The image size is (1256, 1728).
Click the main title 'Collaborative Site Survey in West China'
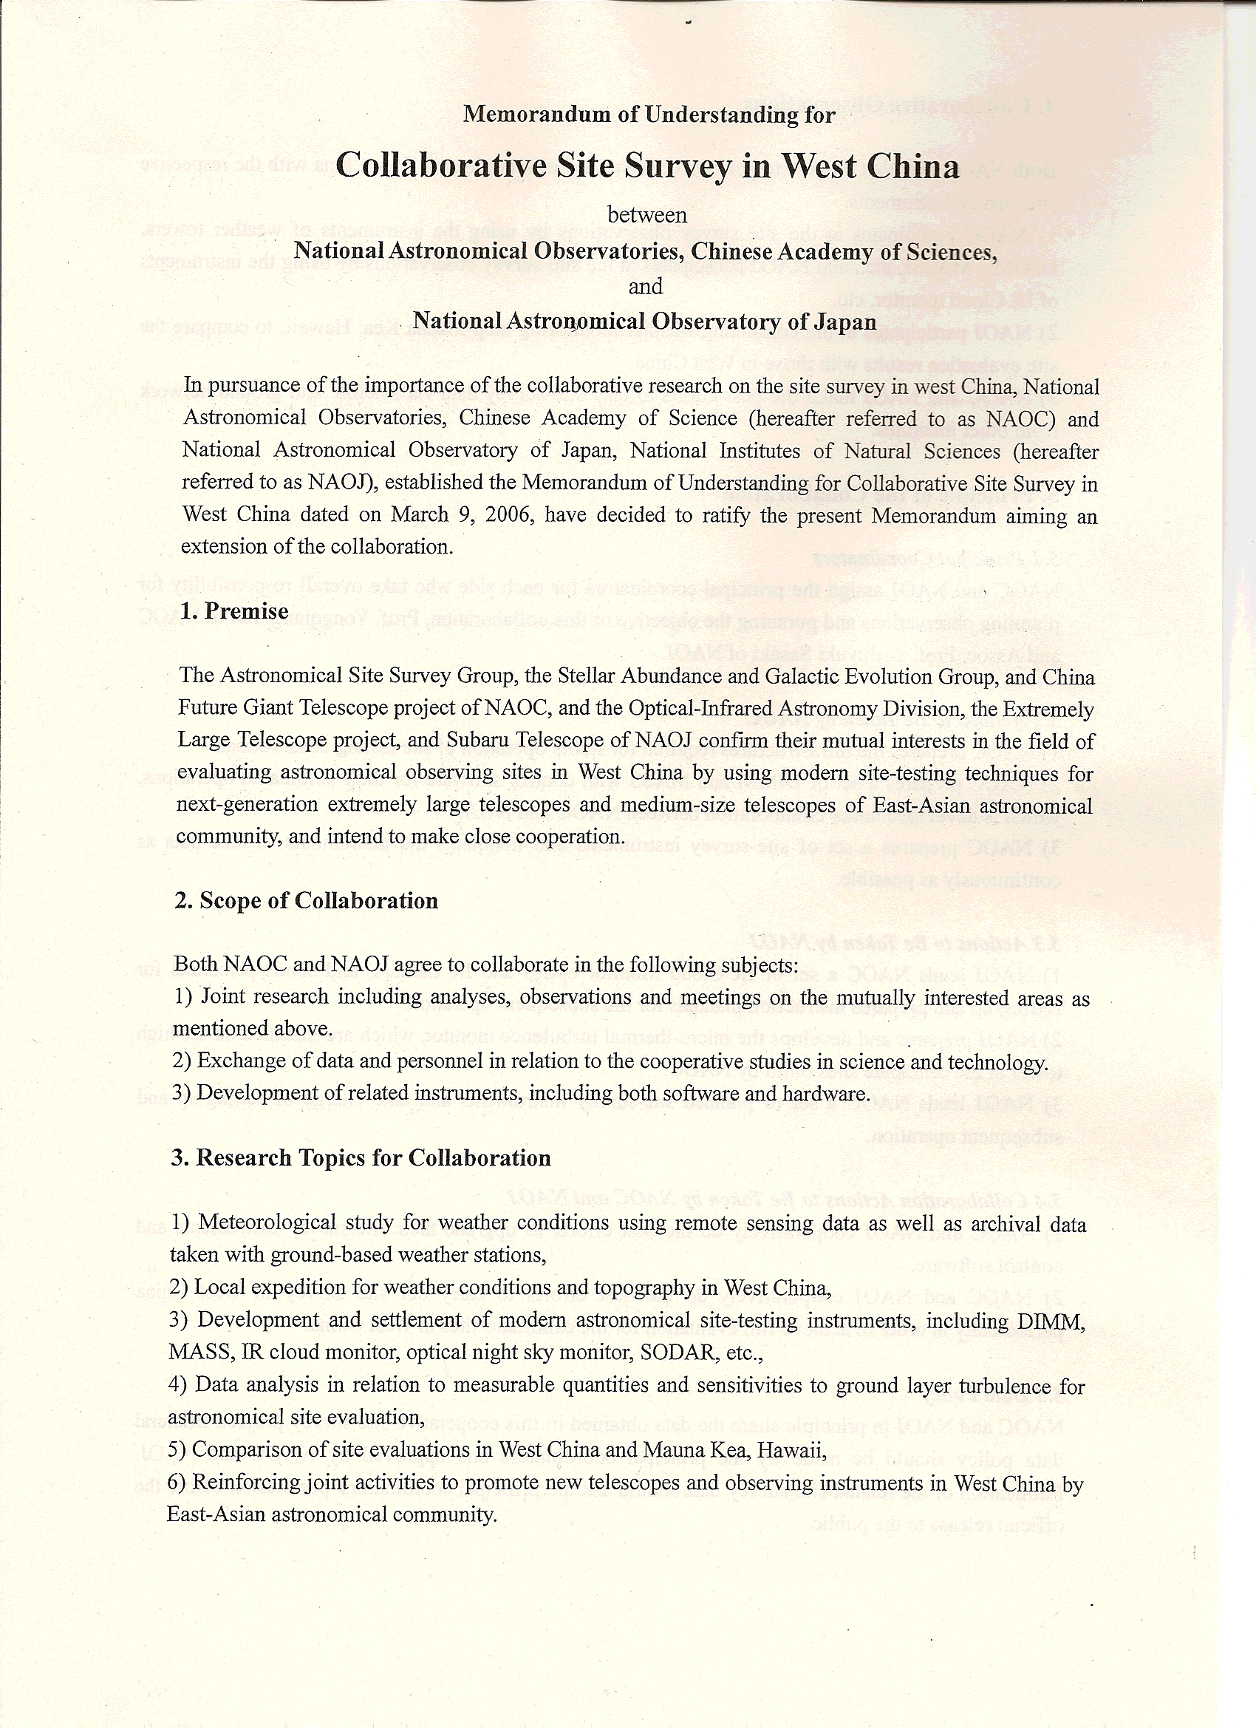pyautogui.click(x=646, y=166)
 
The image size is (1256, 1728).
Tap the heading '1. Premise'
pyautogui.click(x=236, y=611)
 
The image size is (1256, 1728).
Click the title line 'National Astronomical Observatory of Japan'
pyautogui.click(x=644, y=322)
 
